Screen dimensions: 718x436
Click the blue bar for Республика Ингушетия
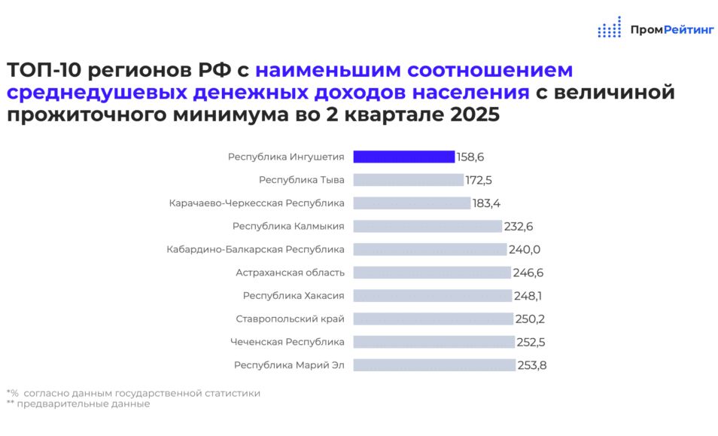point(404,157)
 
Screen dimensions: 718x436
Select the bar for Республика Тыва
point(409,180)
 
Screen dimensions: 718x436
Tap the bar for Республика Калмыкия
point(427,226)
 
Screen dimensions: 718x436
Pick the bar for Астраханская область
point(432,273)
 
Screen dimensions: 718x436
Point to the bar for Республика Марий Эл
point(434,365)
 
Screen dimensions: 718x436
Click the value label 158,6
point(470,157)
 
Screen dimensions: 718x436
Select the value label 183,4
point(486,203)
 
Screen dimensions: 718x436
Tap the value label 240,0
point(525,249)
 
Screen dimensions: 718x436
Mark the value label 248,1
point(528,296)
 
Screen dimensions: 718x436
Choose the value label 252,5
point(531,342)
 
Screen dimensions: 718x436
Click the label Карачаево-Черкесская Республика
point(257,203)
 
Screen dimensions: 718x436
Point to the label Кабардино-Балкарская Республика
point(255,249)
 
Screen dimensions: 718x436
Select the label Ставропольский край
point(290,319)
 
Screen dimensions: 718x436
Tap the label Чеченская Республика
point(287,342)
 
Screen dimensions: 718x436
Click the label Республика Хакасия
point(294,296)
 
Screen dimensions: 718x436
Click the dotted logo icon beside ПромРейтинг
point(610,27)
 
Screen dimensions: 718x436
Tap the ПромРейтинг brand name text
point(672,30)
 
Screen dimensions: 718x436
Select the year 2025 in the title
point(475,114)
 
